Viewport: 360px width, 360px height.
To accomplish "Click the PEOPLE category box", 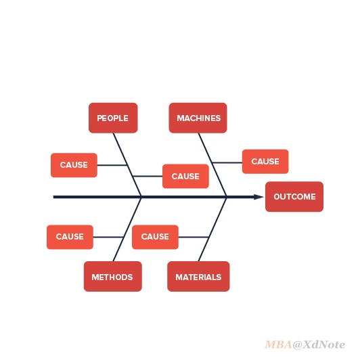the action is click(x=113, y=118).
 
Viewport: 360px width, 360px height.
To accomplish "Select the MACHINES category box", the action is click(x=198, y=118).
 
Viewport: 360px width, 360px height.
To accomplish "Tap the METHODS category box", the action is click(x=113, y=276).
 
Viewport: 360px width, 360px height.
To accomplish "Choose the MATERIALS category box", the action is click(x=198, y=276).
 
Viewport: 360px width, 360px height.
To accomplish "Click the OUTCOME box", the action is click(x=294, y=196).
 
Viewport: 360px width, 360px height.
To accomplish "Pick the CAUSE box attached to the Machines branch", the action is click(x=265, y=162).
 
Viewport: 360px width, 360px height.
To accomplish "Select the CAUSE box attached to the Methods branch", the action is click(x=70, y=237).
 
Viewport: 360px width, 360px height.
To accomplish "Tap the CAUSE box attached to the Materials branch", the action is click(x=155, y=237).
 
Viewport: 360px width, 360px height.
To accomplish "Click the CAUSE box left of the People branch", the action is click(x=74, y=165).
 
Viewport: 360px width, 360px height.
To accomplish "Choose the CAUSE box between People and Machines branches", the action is click(x=185, y=176).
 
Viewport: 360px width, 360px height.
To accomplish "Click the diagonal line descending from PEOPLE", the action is click(x=127, y=165).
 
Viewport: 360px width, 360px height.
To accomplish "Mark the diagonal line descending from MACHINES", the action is click(x=212, y=165).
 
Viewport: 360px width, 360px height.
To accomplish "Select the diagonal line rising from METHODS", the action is click(x=127, y=229).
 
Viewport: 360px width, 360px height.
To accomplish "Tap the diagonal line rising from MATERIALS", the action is click(x=212, y=229).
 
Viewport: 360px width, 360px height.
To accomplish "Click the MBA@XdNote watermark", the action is click(x=305, y=344).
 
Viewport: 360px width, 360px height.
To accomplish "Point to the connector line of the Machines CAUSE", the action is click(x=227, y=162).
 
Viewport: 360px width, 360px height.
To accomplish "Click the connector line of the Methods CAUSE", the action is click(x=108, y=237).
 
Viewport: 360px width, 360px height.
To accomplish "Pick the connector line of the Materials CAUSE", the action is click(x=194, y=237).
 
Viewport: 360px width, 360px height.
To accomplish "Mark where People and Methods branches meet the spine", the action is click(x=141, y=197).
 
